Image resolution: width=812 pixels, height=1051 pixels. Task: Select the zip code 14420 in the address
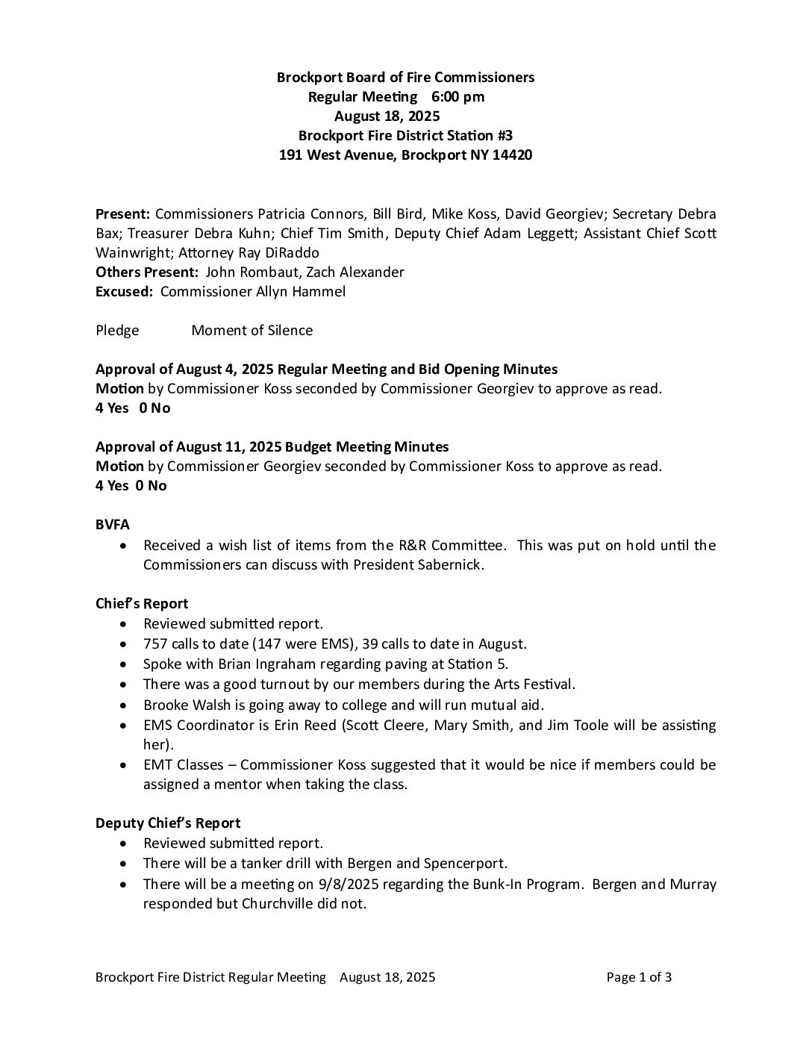(513, 155)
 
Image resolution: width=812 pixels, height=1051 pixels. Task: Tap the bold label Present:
(123, 213)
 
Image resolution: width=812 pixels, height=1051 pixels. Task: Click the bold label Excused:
(124, 291)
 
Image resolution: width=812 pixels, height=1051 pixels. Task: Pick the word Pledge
(117, 330)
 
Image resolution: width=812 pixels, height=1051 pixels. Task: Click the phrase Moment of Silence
(252, 330)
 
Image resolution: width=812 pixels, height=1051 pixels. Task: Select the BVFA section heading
(113, 525)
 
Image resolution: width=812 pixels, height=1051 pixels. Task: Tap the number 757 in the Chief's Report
(155, 643)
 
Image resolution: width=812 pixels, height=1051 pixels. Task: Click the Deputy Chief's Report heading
(168, 823)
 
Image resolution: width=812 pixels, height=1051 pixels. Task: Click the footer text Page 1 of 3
(639, 977)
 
